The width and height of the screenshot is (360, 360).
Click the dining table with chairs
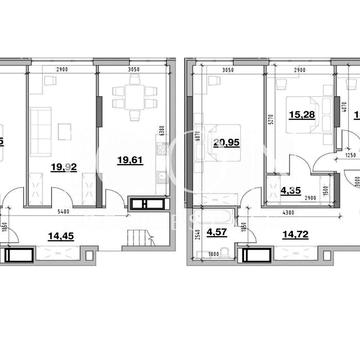[131, 100]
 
